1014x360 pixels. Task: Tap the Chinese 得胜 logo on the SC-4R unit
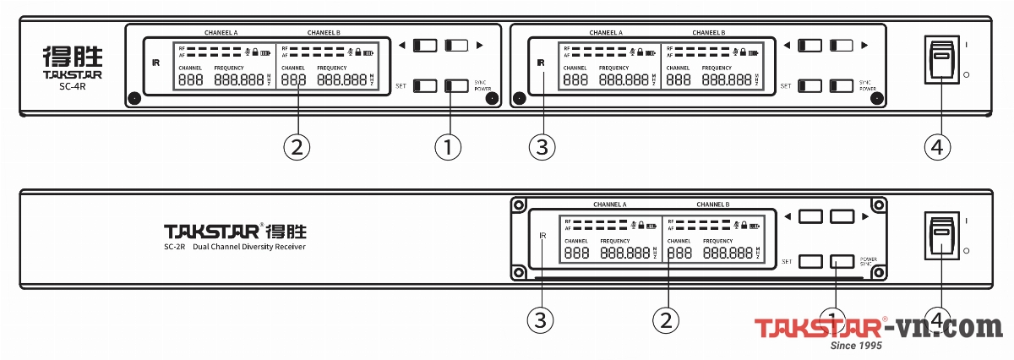73,57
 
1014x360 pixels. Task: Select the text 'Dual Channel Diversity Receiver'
249,248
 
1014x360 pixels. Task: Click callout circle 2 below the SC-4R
297,147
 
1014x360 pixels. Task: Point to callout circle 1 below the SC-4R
449,147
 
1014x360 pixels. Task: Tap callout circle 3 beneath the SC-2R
542,319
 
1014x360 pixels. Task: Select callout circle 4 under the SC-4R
940,147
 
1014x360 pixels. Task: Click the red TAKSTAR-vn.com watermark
878,327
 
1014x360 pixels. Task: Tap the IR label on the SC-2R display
542,236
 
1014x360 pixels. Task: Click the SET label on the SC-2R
785,261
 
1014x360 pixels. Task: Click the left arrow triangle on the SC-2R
788,217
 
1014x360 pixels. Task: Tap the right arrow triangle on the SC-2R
866,217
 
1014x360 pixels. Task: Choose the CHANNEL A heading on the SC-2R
609,205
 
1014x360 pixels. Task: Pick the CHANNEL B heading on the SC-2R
712,205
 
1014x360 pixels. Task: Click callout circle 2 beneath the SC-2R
667,319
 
